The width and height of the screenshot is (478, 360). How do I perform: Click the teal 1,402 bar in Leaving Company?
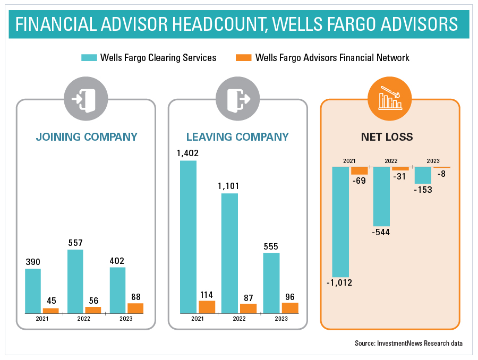click(x=188, y=236)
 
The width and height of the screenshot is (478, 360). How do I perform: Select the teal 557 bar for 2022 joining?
click(x=75, y=281)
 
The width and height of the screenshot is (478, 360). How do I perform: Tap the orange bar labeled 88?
click(x=135, y=308)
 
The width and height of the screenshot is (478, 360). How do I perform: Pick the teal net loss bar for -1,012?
click(x=340, y=222)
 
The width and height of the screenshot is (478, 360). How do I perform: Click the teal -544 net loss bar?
click(x=382, y=196)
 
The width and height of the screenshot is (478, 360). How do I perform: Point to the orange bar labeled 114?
click(x=207, y=306)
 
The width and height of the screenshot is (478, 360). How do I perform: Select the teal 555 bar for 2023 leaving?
click(x=271, y=282)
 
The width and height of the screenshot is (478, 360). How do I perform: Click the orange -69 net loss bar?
click(x=360, y=171)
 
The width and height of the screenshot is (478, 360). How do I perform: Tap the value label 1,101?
click(x=229, y=186)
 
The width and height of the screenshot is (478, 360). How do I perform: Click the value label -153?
click(x=423, y=190)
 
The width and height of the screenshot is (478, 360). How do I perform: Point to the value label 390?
click(x=33, y=262)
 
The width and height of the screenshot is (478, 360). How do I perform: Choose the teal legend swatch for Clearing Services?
click(x=88, y=57)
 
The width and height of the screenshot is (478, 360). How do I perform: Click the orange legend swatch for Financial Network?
click(x=243, y=57)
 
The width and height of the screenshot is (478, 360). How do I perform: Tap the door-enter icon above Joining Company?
click(x=86, y=99)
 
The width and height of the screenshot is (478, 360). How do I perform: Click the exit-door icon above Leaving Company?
click(x=237, y=99)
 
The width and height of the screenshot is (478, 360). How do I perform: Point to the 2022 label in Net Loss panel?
click(x=391, y=161)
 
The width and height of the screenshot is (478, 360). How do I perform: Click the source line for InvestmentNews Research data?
click(x=408, y=343)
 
